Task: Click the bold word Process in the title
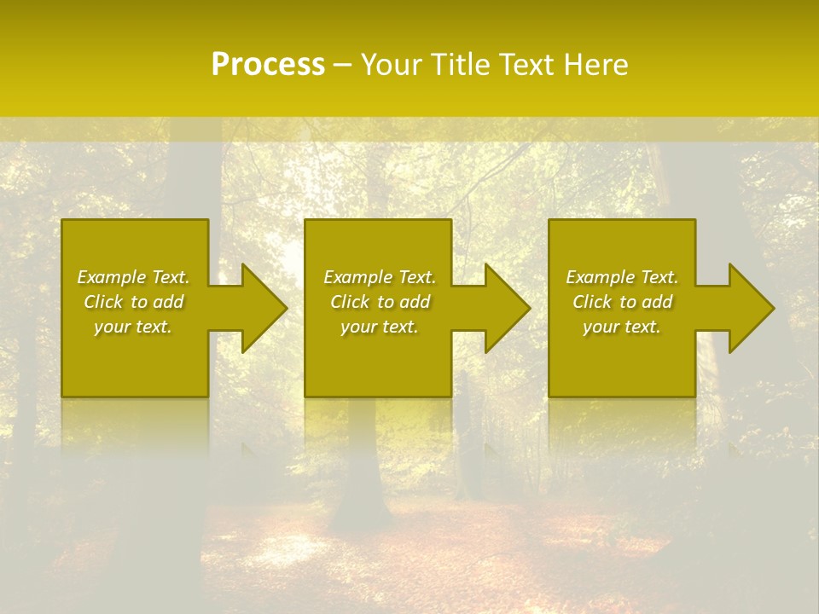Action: pos(268,65)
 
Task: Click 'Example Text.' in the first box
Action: pos(133,277)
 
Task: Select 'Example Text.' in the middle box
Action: pos(380,277)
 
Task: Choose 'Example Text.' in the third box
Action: pos(622,277)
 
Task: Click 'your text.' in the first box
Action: pos(133,327)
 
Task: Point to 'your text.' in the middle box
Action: pos(380,327)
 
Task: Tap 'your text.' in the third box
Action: pos(622,327)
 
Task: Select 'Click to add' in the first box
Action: pos(133,302)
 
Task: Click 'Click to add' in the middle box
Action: pos(380,302)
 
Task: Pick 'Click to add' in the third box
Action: pos(622,302)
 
